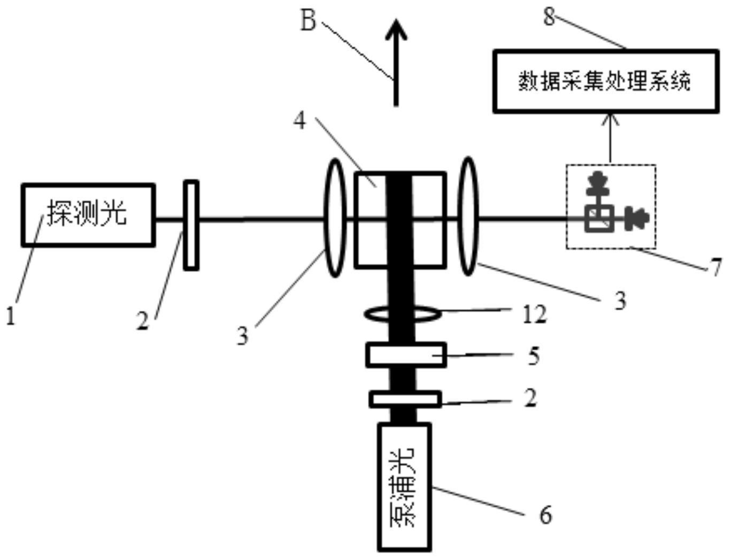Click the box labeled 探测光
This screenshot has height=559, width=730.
[88, 215]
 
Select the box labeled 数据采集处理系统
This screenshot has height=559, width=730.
[605, 81]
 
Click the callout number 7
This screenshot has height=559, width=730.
[717, 266]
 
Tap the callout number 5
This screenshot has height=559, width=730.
[533, 356]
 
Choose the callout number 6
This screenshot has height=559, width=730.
[545, 515]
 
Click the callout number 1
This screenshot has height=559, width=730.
[10, 316]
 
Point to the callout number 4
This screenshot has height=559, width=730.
[300, 120]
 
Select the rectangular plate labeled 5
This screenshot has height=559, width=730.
[406, 355]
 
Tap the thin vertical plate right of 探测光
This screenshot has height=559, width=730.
[191, 225]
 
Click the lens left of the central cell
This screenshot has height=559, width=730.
[335, 218]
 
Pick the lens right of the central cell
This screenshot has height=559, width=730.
[468, 216]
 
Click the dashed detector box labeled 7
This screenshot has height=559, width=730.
[611, 207]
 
